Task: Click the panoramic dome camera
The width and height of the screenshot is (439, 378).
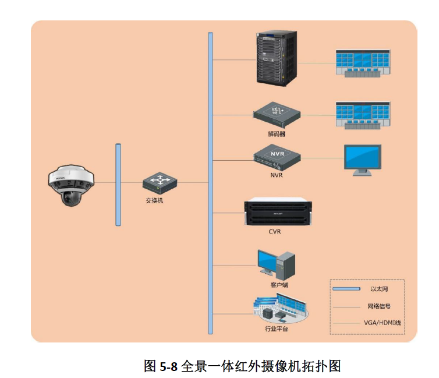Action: [x=71, y=185]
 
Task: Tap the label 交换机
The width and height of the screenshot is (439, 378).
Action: [x=154, y=200]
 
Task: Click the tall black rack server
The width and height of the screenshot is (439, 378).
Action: [x=277, y=58]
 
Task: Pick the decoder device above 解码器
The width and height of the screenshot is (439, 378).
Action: [x=277, y=115]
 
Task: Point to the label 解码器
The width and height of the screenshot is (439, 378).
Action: [x=277, y=134]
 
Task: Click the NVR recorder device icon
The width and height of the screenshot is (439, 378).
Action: [x=277, y=157]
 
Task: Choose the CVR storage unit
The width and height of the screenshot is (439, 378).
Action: [x=278, y=211]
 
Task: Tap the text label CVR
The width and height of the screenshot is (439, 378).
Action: [x=275, y=232]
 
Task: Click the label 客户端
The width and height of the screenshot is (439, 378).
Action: [x=279, y=285]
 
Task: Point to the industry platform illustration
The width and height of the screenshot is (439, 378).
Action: [x=281, y=309]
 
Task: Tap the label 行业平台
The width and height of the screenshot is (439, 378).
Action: [x=277, y=328]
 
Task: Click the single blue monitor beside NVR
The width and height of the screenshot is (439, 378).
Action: [x=363, y=160]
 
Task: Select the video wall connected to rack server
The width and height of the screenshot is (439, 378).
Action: [x=363, y=63]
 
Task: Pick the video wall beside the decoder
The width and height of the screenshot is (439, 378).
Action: [x=363, y=115]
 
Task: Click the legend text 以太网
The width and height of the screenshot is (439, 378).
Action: [x=379, y=289]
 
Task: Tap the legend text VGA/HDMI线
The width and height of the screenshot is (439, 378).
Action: [x=383, y=323]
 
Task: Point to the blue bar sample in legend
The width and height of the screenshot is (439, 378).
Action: [x=346, y=289]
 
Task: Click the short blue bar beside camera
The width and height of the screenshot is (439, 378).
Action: [x=118, y=185]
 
